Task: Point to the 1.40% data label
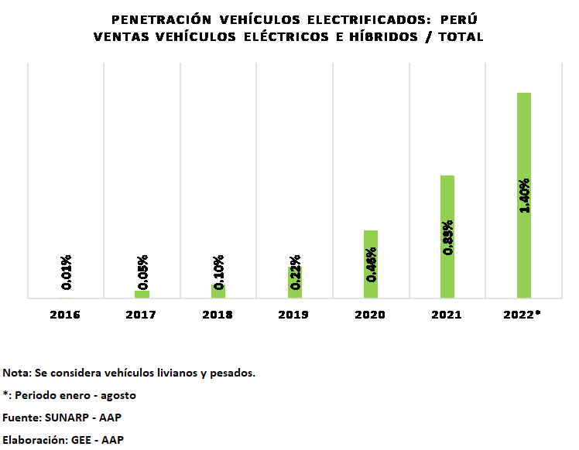[x=524, y=196]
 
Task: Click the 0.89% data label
[x=447, y=237]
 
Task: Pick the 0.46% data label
[x=372, y=264]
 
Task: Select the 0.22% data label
[x=295, y=272]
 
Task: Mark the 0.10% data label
[x=219, y=272]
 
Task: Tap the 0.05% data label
[x=142, y=272]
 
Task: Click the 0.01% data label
[x=67, y=272]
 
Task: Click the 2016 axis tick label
[x=64, y=315]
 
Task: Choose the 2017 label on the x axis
[x=141, y=315]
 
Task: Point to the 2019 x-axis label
[x=293, y=315]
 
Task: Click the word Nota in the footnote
[x=15, y=373]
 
